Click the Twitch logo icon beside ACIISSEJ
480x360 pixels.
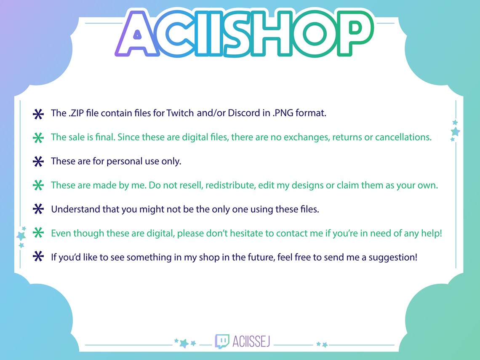222,341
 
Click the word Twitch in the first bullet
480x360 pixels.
180,113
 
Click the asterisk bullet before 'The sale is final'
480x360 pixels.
38,138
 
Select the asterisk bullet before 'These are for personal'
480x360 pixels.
38,162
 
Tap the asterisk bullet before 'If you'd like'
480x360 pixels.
38,257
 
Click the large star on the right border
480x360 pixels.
455,131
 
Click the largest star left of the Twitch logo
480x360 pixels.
184,343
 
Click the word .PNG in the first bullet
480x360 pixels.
283,113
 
